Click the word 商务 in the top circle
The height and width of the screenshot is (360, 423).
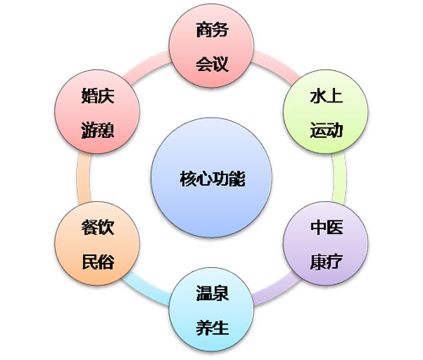click(212, 30)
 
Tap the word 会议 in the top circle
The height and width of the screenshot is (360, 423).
click(212, 63)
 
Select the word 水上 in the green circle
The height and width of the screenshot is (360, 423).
click(327, 96)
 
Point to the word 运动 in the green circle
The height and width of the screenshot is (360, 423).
click(327, 130)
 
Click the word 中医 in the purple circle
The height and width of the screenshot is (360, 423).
click(327, 227)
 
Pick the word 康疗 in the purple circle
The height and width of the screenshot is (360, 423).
click(327, 261)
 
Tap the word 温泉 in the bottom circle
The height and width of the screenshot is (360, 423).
click(212, 293)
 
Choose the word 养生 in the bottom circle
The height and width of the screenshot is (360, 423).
click(212, 328)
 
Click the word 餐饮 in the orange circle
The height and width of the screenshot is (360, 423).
click(97, 227)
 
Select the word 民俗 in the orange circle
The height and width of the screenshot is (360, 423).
click(97, 261)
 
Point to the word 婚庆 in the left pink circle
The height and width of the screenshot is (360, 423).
click(97, 95)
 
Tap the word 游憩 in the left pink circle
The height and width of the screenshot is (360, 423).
click(97, 130)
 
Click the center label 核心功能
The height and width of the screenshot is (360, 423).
click(212, 178)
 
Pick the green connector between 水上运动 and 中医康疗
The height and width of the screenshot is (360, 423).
click(339, 178)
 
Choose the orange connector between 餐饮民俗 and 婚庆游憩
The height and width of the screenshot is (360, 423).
click(84, 178)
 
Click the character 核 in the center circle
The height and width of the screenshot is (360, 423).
click(188, 178)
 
